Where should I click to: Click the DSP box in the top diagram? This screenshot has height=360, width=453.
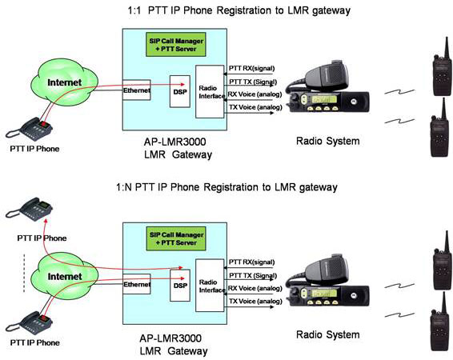pos(180,91)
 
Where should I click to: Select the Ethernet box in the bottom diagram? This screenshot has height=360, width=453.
pos(137,284)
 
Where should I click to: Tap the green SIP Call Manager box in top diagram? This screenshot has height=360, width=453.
pos(176,45)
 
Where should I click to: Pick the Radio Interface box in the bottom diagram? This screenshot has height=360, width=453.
pos(210,286)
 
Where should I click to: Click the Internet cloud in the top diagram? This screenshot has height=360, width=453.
pos(64,82)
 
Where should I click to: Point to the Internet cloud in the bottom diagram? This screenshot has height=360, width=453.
pos(64,276)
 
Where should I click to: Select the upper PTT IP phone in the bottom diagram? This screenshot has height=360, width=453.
pos(29,210)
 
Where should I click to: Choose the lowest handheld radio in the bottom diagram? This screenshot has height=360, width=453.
pos(440,322)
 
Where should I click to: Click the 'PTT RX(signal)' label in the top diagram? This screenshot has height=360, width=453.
pos(251,69)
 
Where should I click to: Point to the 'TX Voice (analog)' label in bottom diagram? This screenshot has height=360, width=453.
pos(255,302)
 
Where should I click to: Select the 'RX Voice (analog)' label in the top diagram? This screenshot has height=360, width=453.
pos(255,94)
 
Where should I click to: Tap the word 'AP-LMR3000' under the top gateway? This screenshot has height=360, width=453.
pos(175,142)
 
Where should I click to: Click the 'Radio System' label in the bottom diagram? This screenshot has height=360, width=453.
pos(328,334)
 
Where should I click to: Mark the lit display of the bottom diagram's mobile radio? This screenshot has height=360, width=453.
pos(324,294)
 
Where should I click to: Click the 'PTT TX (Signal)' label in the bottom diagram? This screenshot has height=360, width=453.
pos(253,276)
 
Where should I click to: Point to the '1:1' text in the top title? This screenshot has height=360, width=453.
pos(134,10)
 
